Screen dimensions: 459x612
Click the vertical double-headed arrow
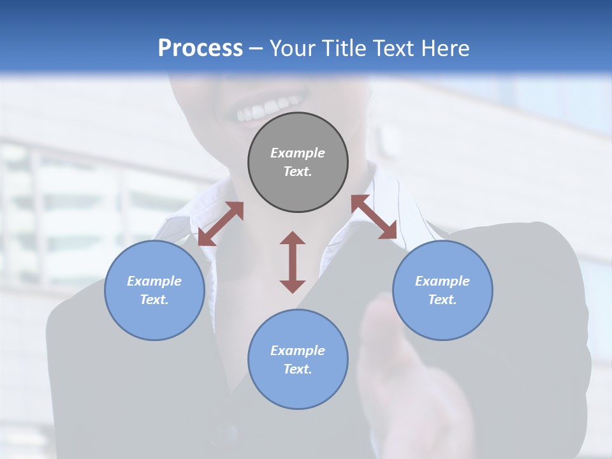[x=293, y=262]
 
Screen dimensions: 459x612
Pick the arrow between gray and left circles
[x=221, y=224]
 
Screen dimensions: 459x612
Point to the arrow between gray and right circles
[x=374, y=217]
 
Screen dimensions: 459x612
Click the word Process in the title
[x=200, y=48]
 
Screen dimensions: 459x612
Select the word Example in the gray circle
[x=298, y=153]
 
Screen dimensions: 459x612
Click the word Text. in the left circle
[x=154, y=300]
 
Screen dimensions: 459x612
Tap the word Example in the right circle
[x=442, y=281]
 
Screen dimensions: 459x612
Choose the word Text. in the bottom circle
[x=298, y=369]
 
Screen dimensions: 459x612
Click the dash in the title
[x=256, y=48]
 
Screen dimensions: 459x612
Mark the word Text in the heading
[x=391, y=48]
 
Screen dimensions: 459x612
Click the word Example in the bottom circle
[x=298, y=351]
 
